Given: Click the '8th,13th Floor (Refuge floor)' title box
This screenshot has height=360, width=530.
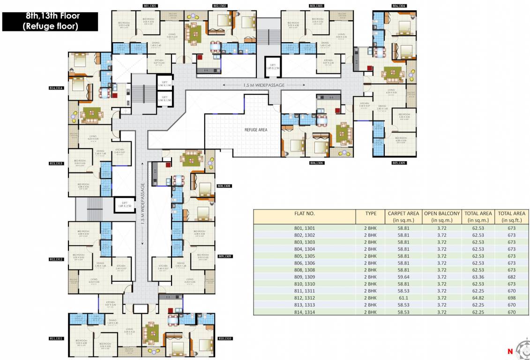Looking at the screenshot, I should coord(50,22).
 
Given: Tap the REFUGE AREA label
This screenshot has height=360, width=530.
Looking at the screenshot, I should coord(255,129).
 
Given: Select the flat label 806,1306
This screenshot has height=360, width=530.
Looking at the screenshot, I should coord(317,163).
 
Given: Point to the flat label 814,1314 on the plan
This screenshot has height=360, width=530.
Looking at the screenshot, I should coord(56,88).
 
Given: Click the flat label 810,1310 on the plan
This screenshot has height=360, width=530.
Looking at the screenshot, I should coord(225,338).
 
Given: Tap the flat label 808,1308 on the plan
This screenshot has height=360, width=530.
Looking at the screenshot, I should coord(225,186).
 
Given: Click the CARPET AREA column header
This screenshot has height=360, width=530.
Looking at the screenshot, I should coord(403,217).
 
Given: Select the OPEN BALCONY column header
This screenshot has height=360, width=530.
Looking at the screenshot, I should coord(441,217).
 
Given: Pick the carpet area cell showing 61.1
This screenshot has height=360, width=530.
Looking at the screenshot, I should coord(403,298).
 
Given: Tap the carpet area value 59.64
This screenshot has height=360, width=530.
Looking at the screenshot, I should coord(403,277).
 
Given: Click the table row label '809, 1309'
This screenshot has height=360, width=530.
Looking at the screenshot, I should coord(304,277).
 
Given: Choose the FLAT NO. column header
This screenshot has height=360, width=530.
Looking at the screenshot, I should coord(304,213).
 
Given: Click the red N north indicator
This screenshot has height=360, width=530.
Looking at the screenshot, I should coord(509,351).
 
